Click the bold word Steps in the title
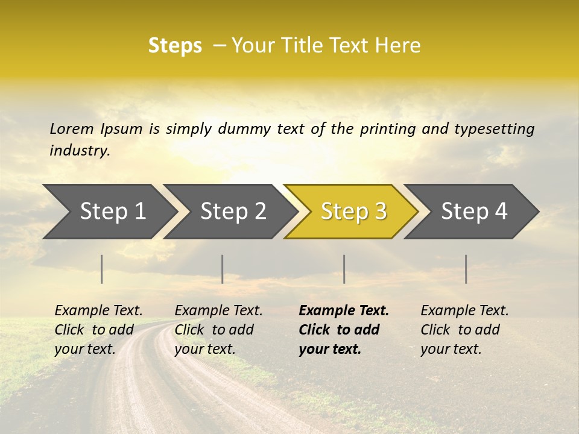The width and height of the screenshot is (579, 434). (x=175, y=46)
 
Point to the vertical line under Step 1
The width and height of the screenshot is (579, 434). (x=102, y=269)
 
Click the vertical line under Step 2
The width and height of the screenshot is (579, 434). (x=223, y=269)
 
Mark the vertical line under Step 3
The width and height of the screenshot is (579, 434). (x=344, y=269)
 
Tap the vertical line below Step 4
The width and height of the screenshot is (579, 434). (x=466, y=269)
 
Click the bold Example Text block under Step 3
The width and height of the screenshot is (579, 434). (x=343, y=330)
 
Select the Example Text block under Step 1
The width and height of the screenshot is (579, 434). (x=98, y=330)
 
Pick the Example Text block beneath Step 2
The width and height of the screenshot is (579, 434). (x=218, y=330)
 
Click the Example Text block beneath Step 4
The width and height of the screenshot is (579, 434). (x=464, y=330)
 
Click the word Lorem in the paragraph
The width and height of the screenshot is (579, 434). (x=71, y=129)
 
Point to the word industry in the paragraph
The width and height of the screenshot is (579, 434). (x=80, y=151)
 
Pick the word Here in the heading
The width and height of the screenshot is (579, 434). (x=399, y=46)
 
